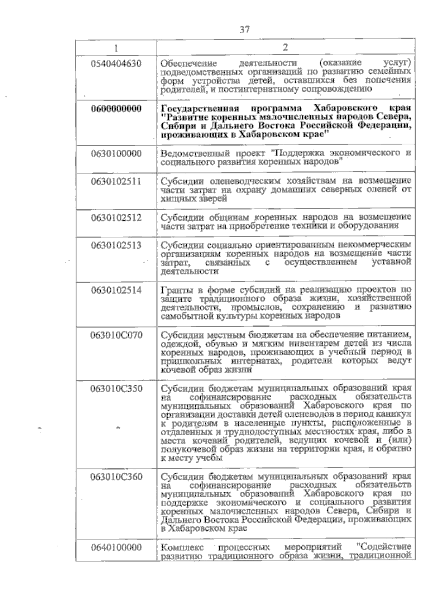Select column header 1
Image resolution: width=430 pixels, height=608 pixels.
click(x=116, y=48)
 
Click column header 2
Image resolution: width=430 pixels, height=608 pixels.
click(x=285, y=47)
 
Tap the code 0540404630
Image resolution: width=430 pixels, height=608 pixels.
click(x=116, y=64)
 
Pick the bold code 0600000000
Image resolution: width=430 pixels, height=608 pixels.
click(x=116, y=109)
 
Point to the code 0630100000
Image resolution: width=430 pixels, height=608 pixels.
click(x=116, y=154)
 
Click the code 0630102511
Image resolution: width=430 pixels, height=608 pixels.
click(x=116, y=181)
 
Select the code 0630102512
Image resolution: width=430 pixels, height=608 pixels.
click(x=116, y=218)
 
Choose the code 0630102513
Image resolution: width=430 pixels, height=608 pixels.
click(x=116, y=245)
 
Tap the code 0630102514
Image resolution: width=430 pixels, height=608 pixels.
click(x=116, y=290)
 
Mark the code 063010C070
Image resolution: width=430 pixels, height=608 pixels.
click(x=116, y=335)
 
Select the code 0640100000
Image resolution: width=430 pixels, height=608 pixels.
click(x=116, y=547)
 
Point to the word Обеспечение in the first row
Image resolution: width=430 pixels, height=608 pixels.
click(x=189, y=64)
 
